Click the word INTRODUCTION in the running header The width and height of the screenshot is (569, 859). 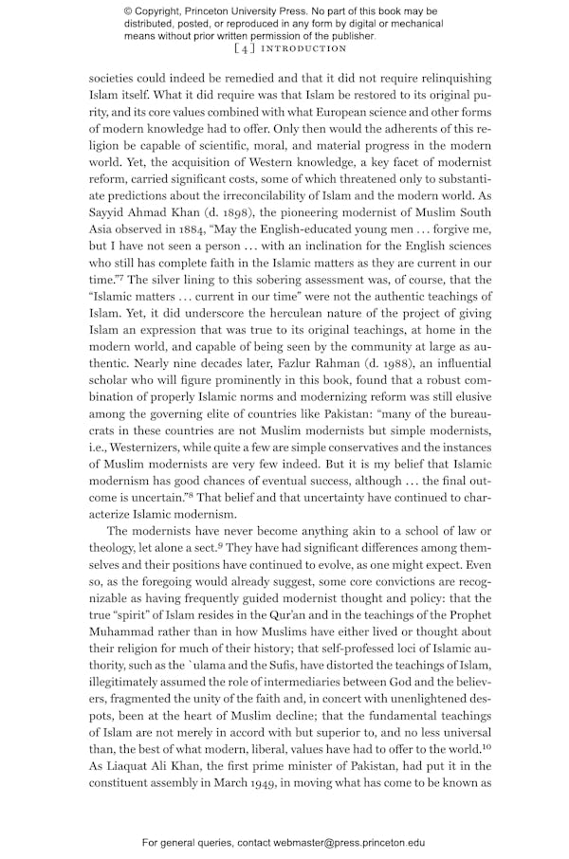[303, 48]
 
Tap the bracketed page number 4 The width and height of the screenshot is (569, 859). [242, 48]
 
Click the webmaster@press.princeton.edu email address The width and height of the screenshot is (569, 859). [342, 842]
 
